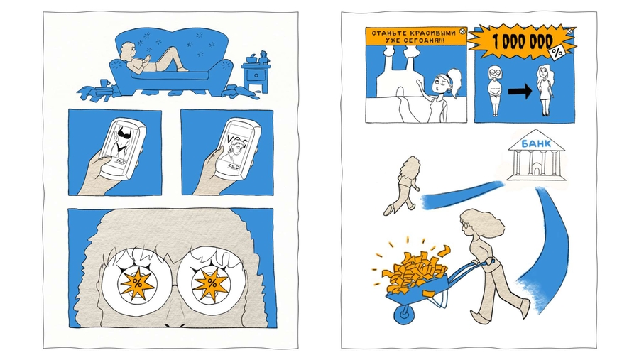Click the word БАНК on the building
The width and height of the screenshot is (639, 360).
coord(536,143)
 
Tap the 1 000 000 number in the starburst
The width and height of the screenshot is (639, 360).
coord(523,42)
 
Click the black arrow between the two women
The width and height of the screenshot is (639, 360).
coord(520,92)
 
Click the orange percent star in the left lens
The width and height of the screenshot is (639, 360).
coord(137,284)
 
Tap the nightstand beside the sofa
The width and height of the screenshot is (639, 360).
coord(256,77)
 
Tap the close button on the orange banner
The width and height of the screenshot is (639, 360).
coord(461,31)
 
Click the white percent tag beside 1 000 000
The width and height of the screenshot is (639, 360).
coord(557,52)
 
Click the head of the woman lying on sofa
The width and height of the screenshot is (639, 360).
coord(128,51)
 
